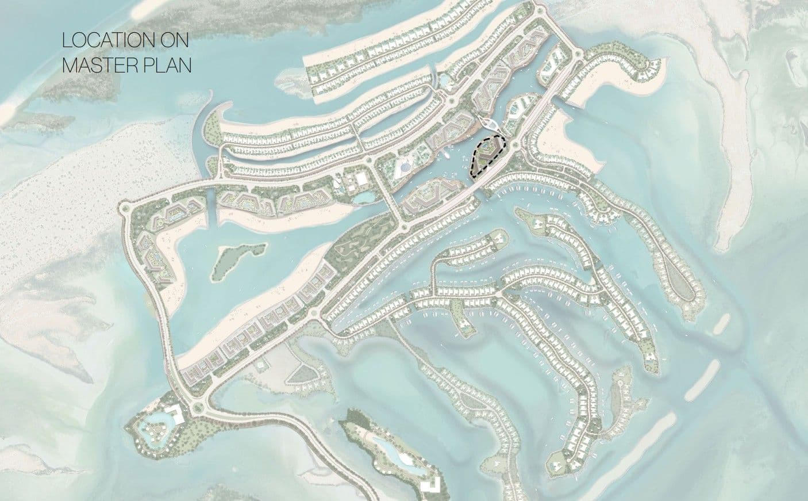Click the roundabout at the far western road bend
pos(126,207)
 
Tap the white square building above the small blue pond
pos(361,180)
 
